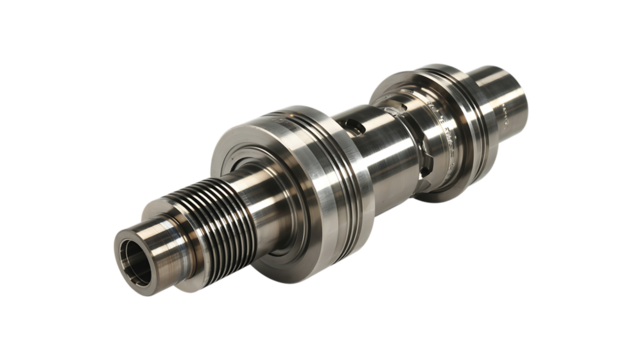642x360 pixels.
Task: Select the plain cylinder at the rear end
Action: coord(505,95)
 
